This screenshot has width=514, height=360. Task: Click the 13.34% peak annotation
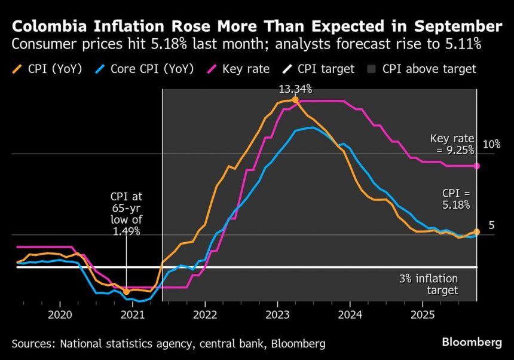click(295, 89)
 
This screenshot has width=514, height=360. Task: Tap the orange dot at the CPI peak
click(295, 100)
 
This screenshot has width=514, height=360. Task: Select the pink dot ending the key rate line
click(477, 166)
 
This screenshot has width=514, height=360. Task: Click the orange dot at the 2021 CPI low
click(126, 291)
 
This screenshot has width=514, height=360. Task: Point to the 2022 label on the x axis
click(205, 315)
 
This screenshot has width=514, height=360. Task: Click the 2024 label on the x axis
click(350, 315)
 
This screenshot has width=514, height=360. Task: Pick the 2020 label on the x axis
click(60, 315)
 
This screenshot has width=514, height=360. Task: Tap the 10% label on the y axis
click(491, 145)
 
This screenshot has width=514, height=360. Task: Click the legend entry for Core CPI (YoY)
click(145, 69)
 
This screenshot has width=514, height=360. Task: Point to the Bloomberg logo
click(472, 343)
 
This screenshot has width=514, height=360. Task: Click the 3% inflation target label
click(429, 285)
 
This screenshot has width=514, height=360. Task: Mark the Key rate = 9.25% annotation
click(452, 144)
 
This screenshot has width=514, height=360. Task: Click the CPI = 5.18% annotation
click(456, 199)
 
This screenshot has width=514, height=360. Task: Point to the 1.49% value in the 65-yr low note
click(126, 231)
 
